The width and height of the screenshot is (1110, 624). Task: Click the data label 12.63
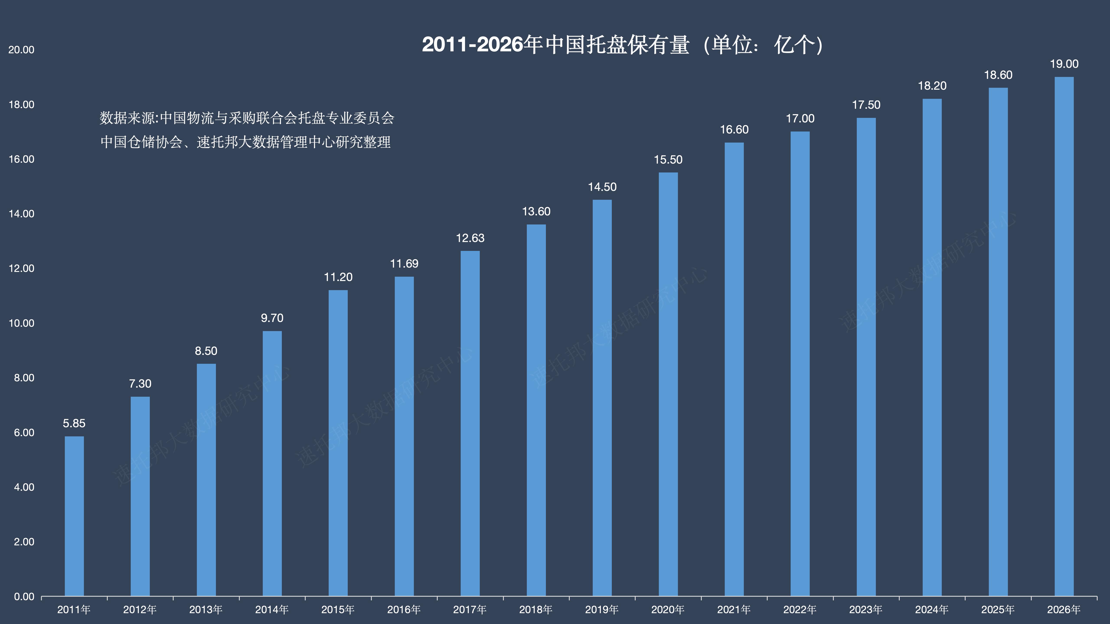click(x=470, y=238)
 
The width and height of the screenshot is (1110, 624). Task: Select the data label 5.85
click(x=74, y=423)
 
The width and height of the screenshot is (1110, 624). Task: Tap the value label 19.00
click(x=1064, y=64)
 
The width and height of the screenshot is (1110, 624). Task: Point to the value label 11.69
click(x=404, y=263)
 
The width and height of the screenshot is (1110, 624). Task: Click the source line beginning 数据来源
click(x=247, y=118)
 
